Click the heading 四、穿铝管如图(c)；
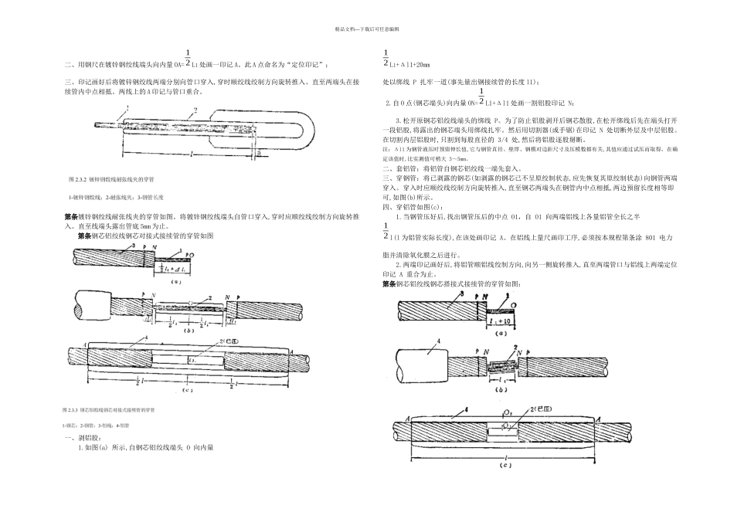pos(413,207)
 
